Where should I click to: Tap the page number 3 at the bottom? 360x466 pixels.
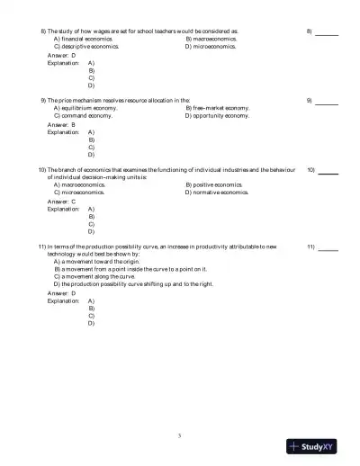tap(180, 435)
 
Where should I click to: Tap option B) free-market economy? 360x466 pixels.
tap(217, 109)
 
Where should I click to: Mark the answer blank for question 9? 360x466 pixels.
tap(327, 102)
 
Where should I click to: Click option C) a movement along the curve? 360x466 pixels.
tap(95, 276)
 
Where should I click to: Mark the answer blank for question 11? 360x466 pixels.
tap(328, 246)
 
